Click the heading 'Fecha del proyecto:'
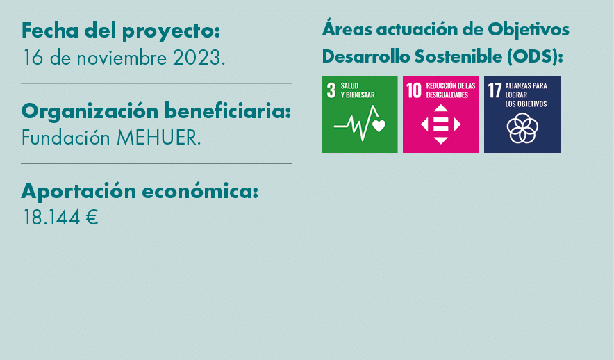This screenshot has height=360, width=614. pyautogui.click(x=121, y=31)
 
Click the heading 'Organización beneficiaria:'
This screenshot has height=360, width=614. pyautogui.click(x=156, y=111)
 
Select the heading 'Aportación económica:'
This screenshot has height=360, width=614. pyautogui.click(x=140, y=190)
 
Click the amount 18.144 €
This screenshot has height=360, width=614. pyautogui.click(x=60, y=218)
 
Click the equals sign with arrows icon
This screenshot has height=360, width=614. pyautogui.click(x=441, y=124)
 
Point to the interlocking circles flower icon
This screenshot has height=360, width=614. pyautogui.click(x=522, y=127)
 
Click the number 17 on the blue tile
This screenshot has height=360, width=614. pyautogui.click(x=495, y=91)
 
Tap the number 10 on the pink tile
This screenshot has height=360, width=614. pyautogui.click(x=414, y=90)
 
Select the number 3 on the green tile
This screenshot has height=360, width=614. pyautogui.click(x=331, y=90)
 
